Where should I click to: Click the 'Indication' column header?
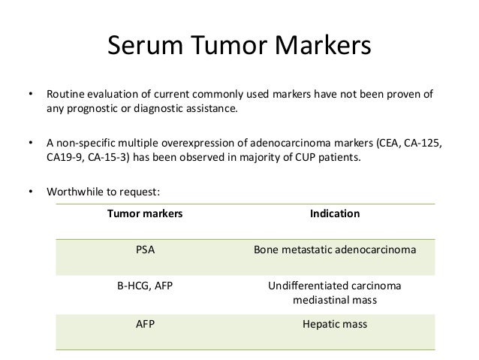[335, 214]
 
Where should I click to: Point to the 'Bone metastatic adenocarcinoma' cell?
[335, 250]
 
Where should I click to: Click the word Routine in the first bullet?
[65, 95]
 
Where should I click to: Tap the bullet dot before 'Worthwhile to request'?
[30, 191]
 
